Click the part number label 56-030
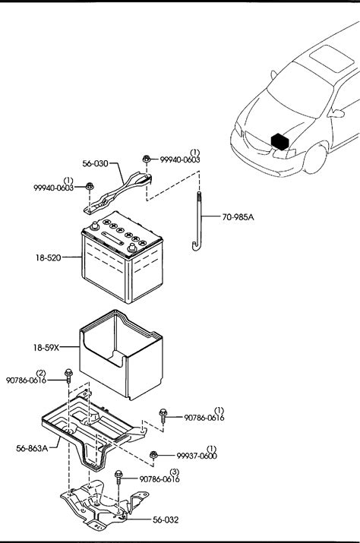pos(95,163)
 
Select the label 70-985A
pos(238,217)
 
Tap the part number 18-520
pos(48,257)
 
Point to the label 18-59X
pos(46,347)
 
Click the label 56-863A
pos(32,449)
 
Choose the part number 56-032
pos(166,519)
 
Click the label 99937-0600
pos(197,456)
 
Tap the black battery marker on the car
pos(280,142)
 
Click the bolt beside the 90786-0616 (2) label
pos(68,376)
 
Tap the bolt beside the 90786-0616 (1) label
pos(163,415)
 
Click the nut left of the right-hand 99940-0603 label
pos(147,159)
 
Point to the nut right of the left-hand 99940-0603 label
pos(90,186)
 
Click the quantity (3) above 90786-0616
pos(175,472)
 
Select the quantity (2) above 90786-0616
pos(41,373)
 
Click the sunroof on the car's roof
pos(332,58)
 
